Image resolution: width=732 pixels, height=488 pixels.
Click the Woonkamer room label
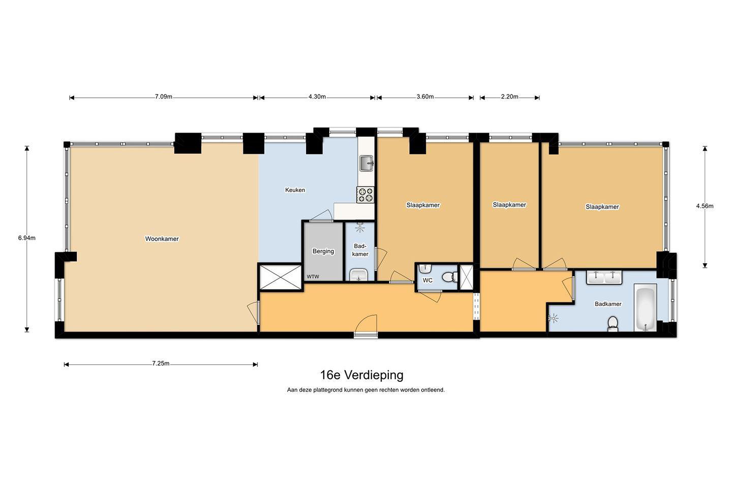click(x=162, y=239)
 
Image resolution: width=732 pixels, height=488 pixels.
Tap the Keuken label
click(x=295, y=190)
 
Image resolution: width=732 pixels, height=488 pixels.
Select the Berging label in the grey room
click(x=323, y=251)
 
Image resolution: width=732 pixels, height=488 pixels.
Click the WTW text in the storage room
click(x=313, y=277)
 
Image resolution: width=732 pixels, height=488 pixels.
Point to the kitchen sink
click(x=367, y=163)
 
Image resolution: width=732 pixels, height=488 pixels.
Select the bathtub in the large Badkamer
click(x=646, y=308)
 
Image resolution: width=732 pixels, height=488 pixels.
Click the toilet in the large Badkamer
click(x=613, y=324)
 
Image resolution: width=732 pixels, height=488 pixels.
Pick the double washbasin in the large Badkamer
click(x=604, y=277)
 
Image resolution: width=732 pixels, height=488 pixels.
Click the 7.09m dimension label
click(x=164, y=97)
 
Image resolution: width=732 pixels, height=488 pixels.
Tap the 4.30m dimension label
click(x=317, y=97)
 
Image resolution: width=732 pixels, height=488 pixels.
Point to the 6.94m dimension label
click(x=27, y=238)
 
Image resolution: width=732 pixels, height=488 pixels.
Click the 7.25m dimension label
click(x=161, y=363)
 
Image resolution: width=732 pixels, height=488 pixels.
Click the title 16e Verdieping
click(x=362, y=375)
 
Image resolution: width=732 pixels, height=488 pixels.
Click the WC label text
click(x=428, y=280)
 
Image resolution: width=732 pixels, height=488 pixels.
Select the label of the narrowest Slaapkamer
click(x=509, y=205)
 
